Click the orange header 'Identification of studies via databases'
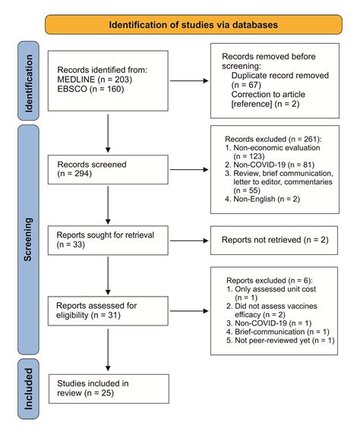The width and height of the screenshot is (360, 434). point(194,24)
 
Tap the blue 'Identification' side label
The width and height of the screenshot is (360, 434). point(28,81)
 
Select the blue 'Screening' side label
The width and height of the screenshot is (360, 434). point(28,240)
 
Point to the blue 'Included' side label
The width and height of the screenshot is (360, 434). point(28,389)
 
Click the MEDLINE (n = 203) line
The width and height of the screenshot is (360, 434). point(94,80)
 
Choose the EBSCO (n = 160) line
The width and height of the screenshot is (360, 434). point(90,89)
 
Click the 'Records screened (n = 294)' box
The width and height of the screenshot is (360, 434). point(108,169)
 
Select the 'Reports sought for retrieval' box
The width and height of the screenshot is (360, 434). point(108,241)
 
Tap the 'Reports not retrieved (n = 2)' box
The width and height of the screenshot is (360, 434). point(274,241)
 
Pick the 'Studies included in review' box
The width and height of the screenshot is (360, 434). point(109,388)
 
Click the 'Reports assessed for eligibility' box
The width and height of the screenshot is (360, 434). point(108,311)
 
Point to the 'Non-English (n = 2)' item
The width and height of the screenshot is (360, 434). point(263,199)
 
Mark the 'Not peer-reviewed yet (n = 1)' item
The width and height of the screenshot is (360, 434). point(280,341)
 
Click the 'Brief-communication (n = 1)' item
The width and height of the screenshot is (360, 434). point(278,332)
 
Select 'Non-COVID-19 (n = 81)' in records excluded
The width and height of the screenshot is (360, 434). point(270,165)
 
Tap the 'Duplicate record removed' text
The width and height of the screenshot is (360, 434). point(280,75)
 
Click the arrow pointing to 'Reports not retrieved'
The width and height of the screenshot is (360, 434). point(189,241)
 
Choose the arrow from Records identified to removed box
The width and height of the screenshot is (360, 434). point(189,81)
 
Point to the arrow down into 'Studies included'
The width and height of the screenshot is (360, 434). point(108,350)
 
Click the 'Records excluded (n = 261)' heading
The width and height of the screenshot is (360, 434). point(273,139)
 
